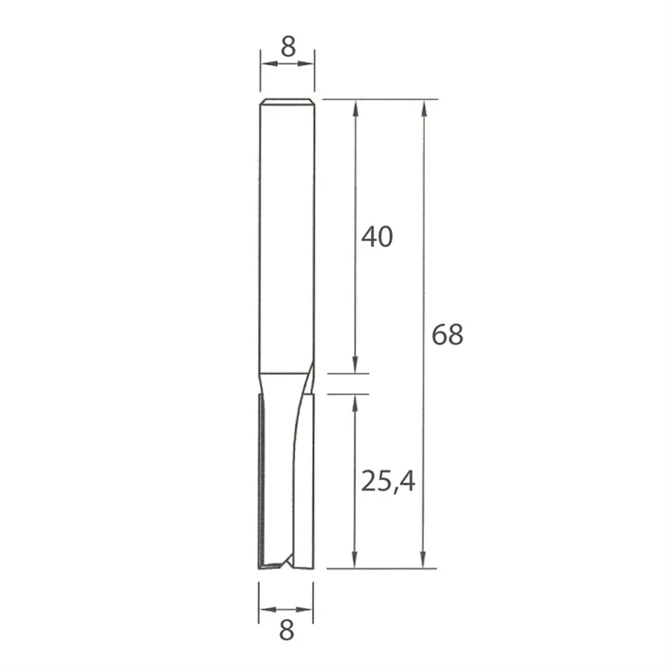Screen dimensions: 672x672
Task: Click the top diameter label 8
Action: point(287,46)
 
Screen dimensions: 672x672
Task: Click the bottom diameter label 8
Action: point(287,632)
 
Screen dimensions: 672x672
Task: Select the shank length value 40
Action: point(376,237)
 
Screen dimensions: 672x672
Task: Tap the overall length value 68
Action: point(447,335)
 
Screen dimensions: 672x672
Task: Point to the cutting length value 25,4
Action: point(388,482)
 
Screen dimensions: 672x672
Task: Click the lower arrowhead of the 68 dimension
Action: point(425,560)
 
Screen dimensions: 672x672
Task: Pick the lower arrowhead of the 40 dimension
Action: point(355,365)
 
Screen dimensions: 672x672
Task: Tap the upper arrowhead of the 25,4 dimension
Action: point(355,402)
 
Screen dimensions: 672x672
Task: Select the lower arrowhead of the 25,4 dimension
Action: point(355,560)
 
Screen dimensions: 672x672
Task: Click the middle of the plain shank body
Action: point(287,239)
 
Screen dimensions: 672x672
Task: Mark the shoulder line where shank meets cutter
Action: point(284,373)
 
